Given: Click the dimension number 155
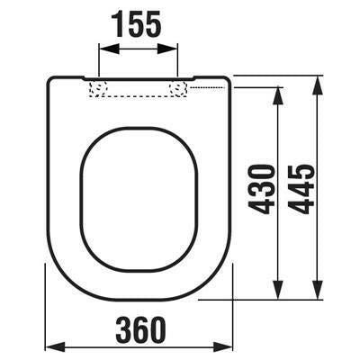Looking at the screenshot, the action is click(137, 24).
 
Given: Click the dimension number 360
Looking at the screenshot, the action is click(140, 330).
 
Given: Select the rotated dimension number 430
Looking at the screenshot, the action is click(262, 189).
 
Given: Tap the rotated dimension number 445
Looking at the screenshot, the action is click(301, 189).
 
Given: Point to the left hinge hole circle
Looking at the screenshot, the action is click(98, 89).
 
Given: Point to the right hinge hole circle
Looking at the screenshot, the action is click(177, 89).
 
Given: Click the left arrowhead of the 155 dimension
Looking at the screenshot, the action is click(109, 49).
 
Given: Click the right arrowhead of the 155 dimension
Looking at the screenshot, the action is click(167, 49).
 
